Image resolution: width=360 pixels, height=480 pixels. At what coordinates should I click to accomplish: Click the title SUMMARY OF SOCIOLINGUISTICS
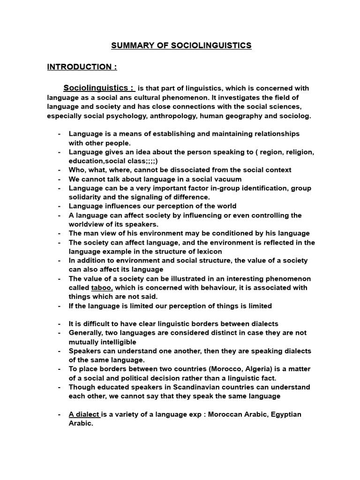coord(181,45)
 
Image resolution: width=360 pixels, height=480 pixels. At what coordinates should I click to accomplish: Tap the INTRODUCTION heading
coord(82,67)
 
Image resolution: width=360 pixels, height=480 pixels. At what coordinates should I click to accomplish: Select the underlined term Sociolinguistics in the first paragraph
coord(97,88)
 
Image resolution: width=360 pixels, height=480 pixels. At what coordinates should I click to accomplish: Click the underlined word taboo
coord(102,288)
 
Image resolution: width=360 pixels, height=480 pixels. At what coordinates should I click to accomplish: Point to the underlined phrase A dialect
coord(84,414)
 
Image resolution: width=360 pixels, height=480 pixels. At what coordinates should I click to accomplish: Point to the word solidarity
coord(85,197)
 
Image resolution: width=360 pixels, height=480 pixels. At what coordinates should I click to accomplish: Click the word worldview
coord(88,224)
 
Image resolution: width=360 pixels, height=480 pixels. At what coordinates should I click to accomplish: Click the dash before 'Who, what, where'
coord(60,170)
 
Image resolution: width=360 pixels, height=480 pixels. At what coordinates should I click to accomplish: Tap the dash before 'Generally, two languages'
coord(60,333)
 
